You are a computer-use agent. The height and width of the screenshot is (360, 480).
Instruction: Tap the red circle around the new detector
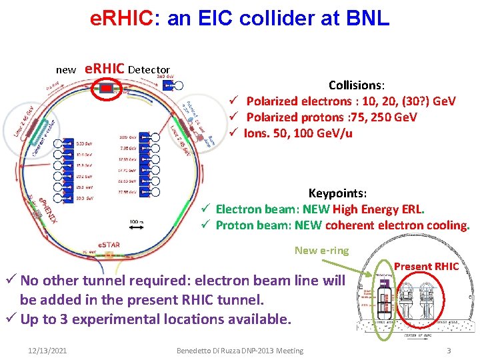[x=107, y=87]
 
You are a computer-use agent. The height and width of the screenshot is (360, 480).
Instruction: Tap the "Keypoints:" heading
[x=337, y=193]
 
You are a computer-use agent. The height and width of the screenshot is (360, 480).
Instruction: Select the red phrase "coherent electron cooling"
[x=397, y=225]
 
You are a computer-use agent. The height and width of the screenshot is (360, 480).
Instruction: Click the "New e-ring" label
[x=321, y=251]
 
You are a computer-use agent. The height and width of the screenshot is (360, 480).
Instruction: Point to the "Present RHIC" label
[x=426, y=267]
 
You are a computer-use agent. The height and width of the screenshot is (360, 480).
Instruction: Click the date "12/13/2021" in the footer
[x=48, y=351]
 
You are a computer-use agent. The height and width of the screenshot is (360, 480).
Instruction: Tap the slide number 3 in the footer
[x=449, y=351]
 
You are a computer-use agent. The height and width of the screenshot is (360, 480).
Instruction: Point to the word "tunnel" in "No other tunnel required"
[x=119, y=281]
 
